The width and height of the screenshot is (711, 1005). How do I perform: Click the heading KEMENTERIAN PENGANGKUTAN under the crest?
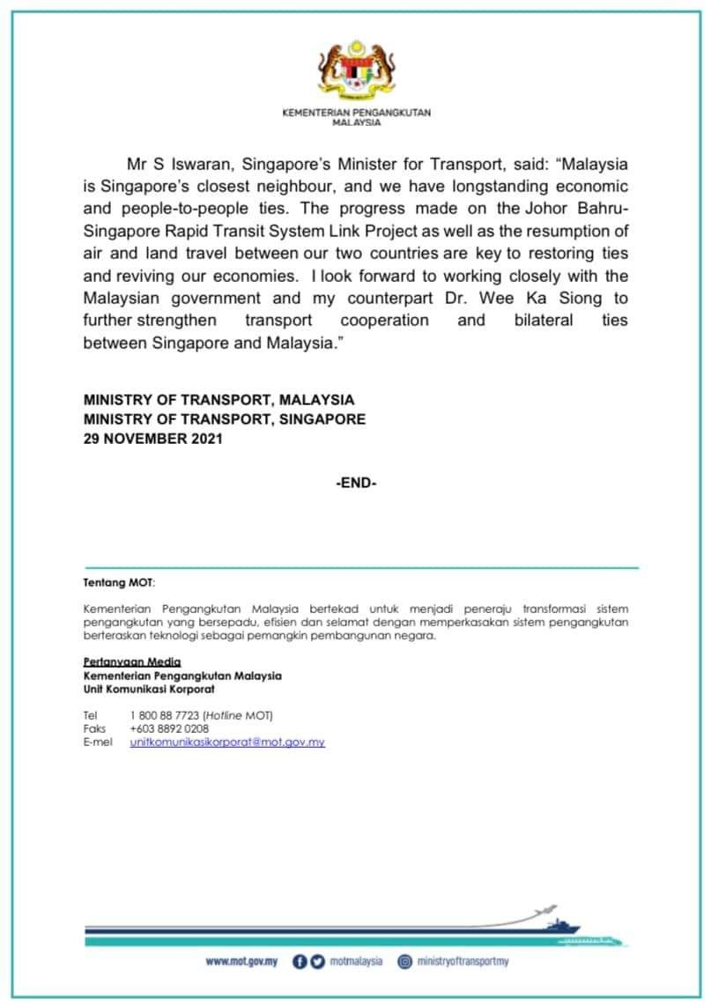click(356, 114)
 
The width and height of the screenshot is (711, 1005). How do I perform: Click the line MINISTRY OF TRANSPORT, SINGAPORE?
click(224, 419)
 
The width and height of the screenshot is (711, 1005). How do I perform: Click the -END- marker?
click(356, 483)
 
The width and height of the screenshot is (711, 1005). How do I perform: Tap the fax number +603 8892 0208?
click(169, 728)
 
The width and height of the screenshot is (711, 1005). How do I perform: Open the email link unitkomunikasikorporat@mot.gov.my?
click(227, 743)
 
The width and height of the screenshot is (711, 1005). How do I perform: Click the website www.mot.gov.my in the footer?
click(241, 961)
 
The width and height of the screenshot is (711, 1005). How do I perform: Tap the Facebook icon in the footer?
click(299, 961)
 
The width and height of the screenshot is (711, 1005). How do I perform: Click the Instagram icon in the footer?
click(405, 961)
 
